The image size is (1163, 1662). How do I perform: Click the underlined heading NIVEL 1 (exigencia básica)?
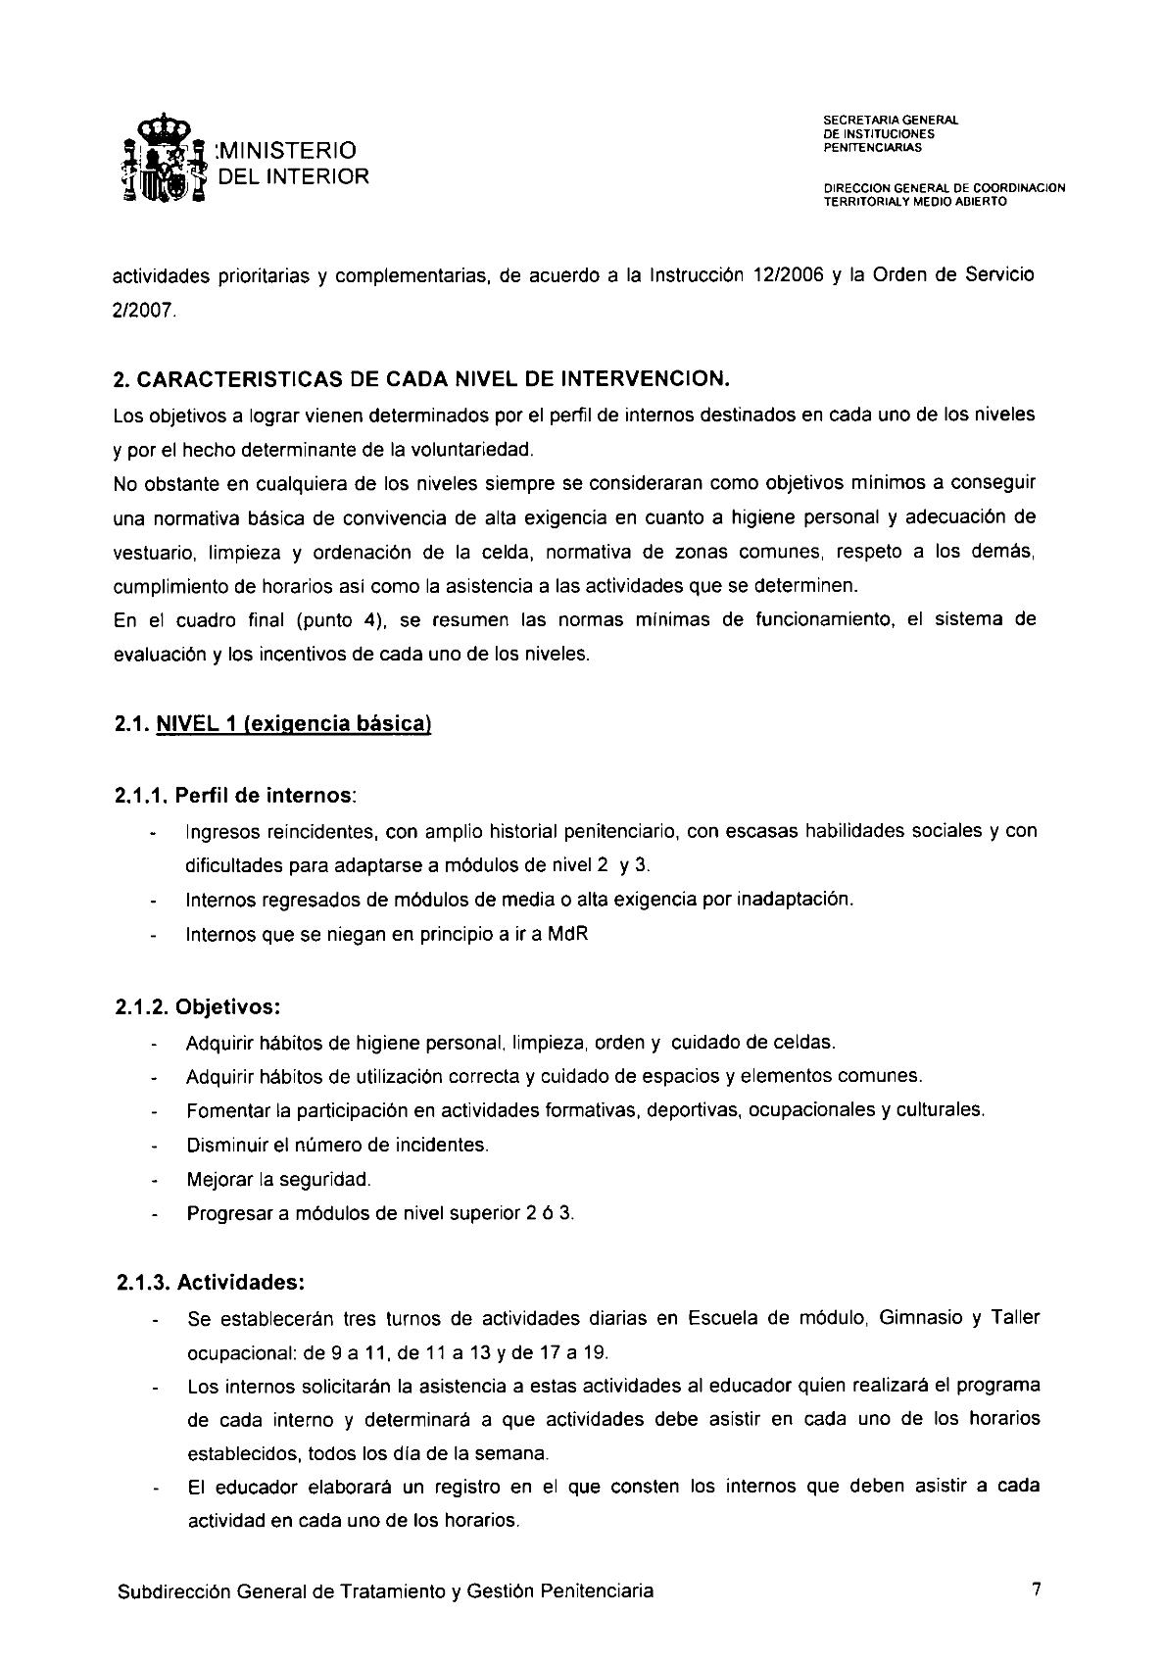point(294,724)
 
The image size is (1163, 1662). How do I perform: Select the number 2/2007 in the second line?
point(146,311)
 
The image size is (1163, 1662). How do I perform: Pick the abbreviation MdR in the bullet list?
point(567,934)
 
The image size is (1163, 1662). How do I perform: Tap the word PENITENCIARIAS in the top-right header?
point(872,148)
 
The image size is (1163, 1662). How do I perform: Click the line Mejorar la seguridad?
point(279,1179)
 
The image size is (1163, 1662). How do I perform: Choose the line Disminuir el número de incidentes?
point(337,1145)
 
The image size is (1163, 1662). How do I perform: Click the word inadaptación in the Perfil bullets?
point(792,900)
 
